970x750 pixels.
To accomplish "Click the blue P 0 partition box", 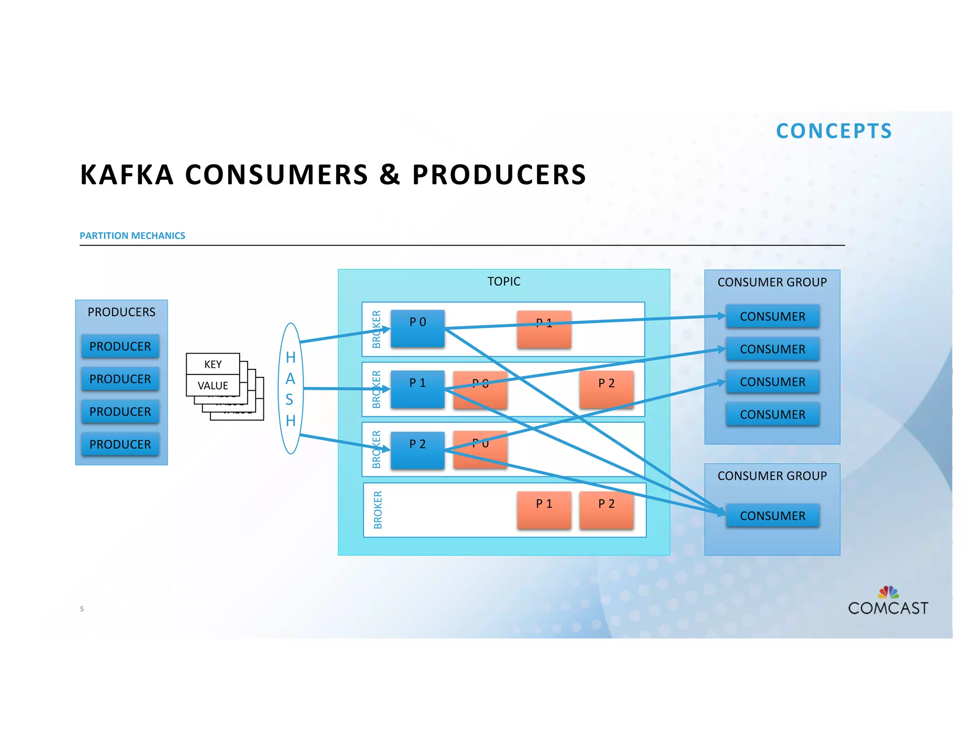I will point(417,328).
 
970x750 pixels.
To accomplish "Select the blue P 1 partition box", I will point(417,389).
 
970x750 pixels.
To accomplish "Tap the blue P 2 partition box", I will point(417,450).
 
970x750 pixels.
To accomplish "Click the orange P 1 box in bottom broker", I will point(544,510).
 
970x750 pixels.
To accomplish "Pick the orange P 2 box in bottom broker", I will point(606,510).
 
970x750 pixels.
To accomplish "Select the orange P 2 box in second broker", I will point(606,389).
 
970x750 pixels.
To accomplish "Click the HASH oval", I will point(290,388).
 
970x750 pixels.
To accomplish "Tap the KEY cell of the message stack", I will point(213,364).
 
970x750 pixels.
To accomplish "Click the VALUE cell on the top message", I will point(213,385).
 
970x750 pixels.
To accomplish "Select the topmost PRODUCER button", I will point(120,346).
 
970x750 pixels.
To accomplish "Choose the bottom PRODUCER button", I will point(120,444).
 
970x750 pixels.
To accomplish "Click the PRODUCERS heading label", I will point(121,312).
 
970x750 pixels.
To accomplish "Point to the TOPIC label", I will point(503,282).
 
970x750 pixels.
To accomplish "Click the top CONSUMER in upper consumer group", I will point(772,316).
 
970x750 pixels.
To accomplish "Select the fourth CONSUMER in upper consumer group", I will point(772,414).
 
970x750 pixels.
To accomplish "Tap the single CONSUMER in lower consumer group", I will point(772,515).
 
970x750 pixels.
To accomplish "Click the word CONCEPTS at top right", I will point(834,131).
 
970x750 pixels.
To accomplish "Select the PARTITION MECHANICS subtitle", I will point(132,236).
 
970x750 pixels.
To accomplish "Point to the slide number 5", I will point(82,609).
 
